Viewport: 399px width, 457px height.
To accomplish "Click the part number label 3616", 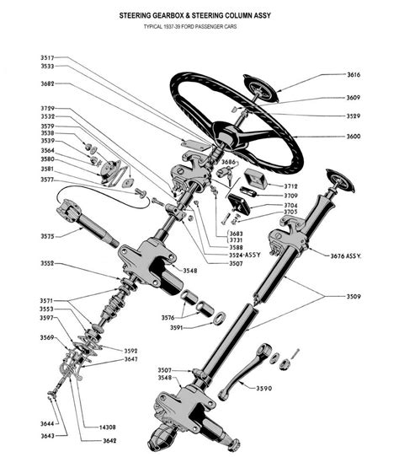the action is click(x=354, y=74).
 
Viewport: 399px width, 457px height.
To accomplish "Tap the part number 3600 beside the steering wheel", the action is click(x=354, y=136).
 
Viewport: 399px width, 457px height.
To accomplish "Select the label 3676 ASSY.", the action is click(x=346, y=256).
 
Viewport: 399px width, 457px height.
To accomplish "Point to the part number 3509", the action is click(x=354, y=297).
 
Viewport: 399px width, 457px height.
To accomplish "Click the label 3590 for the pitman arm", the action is click(x=264, y=388).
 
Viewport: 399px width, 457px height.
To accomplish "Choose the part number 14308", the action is click(x=108, y=427).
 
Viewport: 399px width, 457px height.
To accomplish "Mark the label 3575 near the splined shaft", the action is click(x=47, y=236).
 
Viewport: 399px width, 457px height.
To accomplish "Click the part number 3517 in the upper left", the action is click(x=47, y=57).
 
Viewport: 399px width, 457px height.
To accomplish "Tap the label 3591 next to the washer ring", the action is click(x=177, y=328).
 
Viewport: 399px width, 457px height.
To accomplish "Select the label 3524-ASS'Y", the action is click(x=245, y=255).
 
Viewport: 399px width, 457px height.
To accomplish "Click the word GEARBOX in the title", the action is click(x=168, y=15).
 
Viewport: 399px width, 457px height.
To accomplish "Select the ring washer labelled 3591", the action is click(x=220, y=318).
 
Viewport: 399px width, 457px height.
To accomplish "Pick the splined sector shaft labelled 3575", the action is click(x=88, y=222).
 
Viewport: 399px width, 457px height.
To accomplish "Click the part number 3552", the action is click(x=47, y=263).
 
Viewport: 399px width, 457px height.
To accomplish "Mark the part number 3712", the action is click(x=291, y=186).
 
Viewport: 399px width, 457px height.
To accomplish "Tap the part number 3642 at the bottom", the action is click(x=109, y=440).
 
